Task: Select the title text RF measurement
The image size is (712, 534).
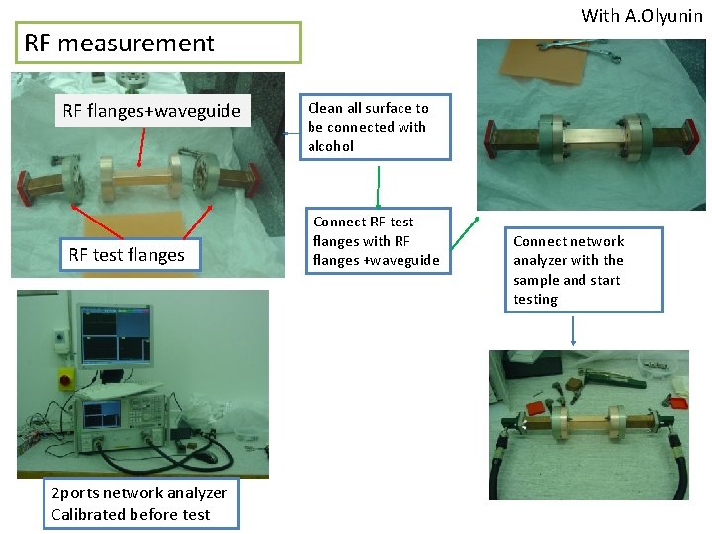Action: coord(119,44)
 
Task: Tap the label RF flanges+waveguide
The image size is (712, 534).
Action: coord(151,111)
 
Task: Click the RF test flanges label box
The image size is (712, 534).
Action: coord(126,255)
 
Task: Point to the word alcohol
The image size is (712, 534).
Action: coord(330,146)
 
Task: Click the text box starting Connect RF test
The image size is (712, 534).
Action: coord(376,241)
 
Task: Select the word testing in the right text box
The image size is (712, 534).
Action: coord(535,299)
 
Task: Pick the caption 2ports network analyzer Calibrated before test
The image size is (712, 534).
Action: coord(139,503)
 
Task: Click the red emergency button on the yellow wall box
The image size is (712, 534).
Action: coord(68,378)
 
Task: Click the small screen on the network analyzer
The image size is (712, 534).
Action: coord(108,414)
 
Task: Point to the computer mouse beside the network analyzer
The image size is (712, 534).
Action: coord(209,458)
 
